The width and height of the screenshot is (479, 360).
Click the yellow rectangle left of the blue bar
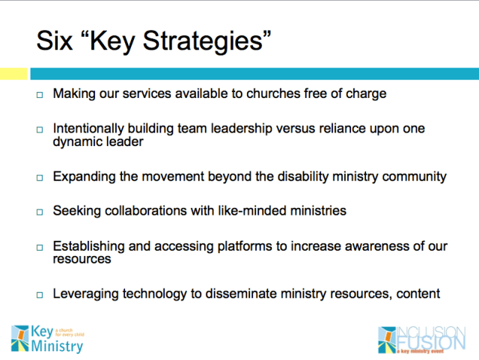[x=13, y=74]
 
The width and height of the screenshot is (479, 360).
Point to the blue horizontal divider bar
[x=254, y=74]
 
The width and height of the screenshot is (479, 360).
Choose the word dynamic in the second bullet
[x=79, y=141]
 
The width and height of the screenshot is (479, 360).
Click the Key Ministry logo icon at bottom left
[x=21, y=338]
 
